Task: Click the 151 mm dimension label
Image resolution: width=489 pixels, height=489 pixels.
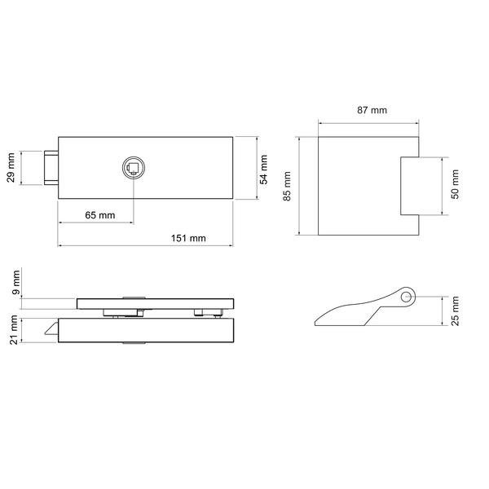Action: click(x=188, y=238)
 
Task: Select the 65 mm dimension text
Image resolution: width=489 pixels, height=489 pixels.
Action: click(x=100, y=215)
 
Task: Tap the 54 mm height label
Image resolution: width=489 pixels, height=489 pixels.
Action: click(x=264, y=170)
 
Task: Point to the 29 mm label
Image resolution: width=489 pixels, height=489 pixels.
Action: click(x=11, y=167)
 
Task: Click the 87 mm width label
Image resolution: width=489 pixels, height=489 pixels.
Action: click(x=372, y=110)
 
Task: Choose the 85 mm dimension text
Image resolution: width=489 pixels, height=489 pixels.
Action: click(x=287, y=186)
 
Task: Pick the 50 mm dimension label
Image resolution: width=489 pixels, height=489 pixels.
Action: click(x=455, y=184)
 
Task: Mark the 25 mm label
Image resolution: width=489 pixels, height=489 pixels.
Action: click(x=455, y=311)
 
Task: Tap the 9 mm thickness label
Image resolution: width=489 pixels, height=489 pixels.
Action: click(x=15, y=283)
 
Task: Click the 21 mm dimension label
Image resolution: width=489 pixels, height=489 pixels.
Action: click(x=14, y=329)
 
